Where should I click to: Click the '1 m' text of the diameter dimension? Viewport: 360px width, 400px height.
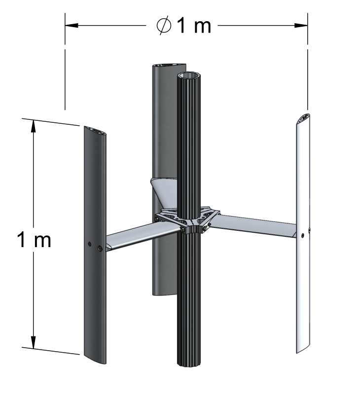tap(194, 26)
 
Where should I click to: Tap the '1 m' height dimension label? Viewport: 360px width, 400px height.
tap(34, 240)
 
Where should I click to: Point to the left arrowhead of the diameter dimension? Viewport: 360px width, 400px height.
tap(72, 25)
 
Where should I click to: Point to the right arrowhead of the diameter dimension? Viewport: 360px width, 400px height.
tap(301, 25)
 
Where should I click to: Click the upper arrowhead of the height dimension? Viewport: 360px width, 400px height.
tap(33, 126)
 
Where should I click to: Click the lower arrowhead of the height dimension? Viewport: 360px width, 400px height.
tap(33, 342)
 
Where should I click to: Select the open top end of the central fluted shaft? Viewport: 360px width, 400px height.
tap(188, 76)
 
